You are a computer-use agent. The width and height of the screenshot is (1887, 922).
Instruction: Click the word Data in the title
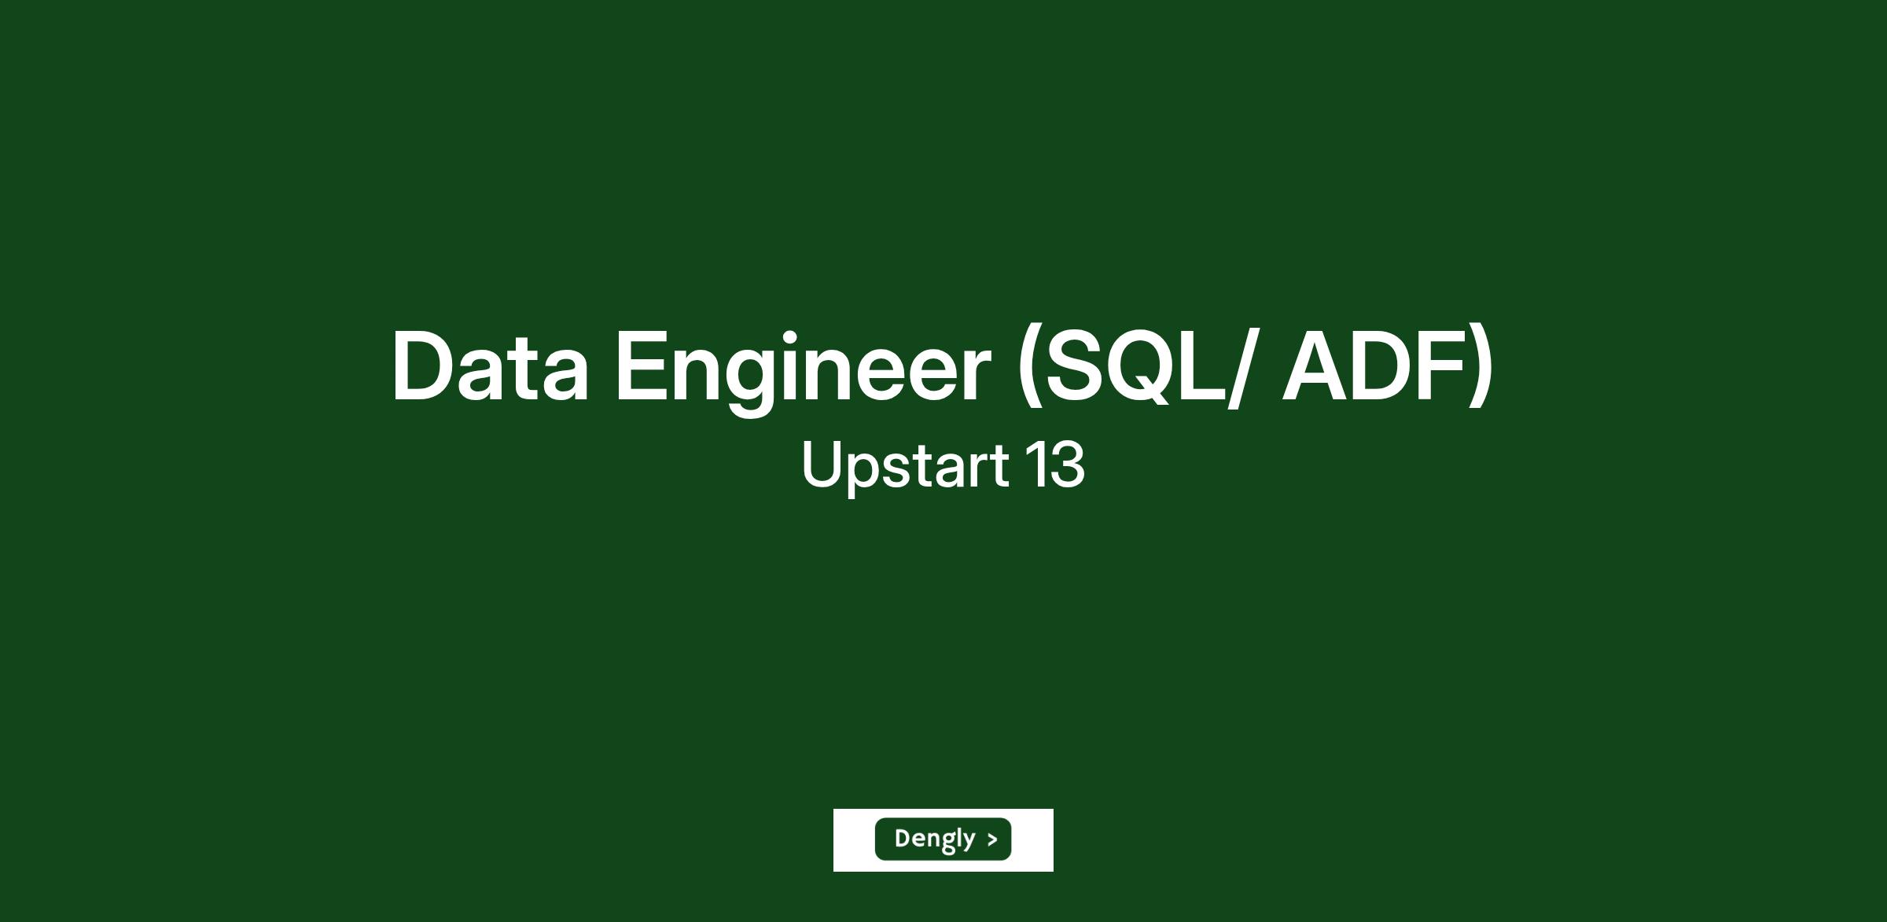click(490, 366)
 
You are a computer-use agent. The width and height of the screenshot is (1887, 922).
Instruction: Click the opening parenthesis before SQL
click(1028, 366)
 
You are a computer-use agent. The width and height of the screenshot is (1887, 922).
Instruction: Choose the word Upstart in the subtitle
click(904, 465)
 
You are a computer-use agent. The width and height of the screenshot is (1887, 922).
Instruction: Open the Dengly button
click(943, 839)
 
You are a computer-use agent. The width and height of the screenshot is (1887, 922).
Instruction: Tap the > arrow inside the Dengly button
click(992, 839)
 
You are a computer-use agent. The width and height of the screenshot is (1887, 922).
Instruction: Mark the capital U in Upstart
click(822, 464)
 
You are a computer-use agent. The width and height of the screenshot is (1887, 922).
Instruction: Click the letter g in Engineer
click(748, 383)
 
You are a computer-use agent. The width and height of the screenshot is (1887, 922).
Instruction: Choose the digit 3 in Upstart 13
click(1068, 464)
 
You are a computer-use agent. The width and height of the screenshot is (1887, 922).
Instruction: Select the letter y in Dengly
click(968, 842)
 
